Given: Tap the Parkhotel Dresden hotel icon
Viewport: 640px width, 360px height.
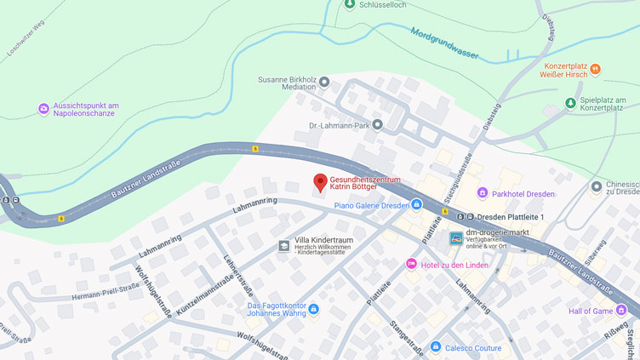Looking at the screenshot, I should coord(483,193).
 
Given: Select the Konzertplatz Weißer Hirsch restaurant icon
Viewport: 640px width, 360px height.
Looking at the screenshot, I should coord(595,69).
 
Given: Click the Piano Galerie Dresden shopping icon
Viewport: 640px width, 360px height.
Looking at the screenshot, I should coord(416,205).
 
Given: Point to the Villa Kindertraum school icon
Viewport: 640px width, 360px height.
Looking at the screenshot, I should coord(283,246).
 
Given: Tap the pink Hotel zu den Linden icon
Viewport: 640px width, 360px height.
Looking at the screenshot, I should coord(412,264).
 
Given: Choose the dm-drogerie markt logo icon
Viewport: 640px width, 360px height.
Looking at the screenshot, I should coord(456,238).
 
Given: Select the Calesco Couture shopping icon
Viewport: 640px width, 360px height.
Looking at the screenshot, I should coord(436,347).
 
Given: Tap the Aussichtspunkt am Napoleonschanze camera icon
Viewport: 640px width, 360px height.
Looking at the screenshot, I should coord(43,109).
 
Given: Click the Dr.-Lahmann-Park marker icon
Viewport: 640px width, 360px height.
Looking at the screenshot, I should coord(377,125).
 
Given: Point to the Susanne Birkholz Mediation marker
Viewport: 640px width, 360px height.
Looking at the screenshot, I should coord(324,83).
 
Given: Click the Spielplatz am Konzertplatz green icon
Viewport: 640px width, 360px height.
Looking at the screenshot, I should coord(571,104).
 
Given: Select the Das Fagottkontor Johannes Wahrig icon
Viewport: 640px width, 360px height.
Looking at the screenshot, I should coord(313,309).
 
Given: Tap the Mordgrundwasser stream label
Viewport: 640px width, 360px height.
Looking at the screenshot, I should coord(444,43).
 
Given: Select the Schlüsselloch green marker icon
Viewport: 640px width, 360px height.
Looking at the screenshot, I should coord(350,4).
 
